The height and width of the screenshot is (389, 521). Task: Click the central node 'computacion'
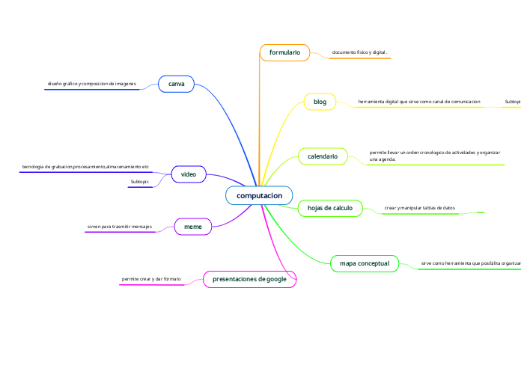259,195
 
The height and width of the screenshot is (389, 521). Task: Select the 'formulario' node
284,52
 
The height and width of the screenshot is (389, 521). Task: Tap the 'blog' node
320,102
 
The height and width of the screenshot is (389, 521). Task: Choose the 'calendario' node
323,156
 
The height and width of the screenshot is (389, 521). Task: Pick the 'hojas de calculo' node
330,208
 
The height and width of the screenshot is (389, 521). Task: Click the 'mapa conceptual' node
365,263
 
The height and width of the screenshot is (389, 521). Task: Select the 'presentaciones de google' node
250,279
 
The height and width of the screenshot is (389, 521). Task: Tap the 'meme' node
193,225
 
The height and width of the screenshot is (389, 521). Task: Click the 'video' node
189,174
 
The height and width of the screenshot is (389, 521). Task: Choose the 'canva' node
177,84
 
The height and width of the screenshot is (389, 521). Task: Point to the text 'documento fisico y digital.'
359,53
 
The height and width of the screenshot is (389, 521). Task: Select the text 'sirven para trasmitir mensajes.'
120,225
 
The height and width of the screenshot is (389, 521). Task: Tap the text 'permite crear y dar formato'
151,279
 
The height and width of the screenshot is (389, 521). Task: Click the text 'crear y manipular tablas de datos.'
419,207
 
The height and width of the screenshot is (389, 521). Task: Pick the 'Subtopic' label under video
140,182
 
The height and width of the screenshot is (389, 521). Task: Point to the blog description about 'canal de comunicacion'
419,101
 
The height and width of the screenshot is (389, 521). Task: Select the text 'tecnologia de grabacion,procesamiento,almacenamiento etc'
85,166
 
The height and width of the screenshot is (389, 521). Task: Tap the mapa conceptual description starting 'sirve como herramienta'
470,263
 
